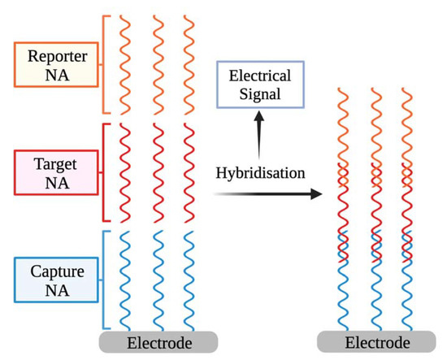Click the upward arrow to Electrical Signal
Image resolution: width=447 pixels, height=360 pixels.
260,134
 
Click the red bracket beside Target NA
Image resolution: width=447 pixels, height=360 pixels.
104,171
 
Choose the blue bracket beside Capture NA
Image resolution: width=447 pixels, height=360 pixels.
104,276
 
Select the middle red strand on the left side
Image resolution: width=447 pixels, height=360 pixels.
156,171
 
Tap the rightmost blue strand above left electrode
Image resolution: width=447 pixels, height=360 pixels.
188,276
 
